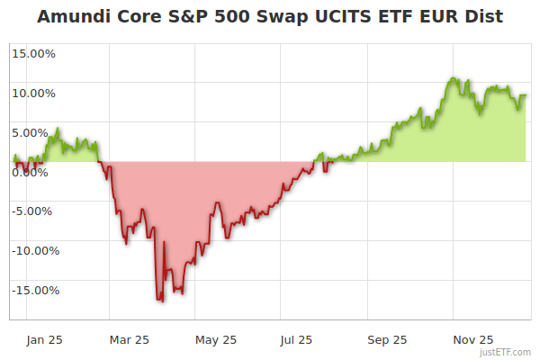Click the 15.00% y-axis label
(x=32, y=53)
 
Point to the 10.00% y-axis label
(x=32, y=93)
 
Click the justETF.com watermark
(x=507, y=352)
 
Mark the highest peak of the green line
(x=454, y=78)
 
